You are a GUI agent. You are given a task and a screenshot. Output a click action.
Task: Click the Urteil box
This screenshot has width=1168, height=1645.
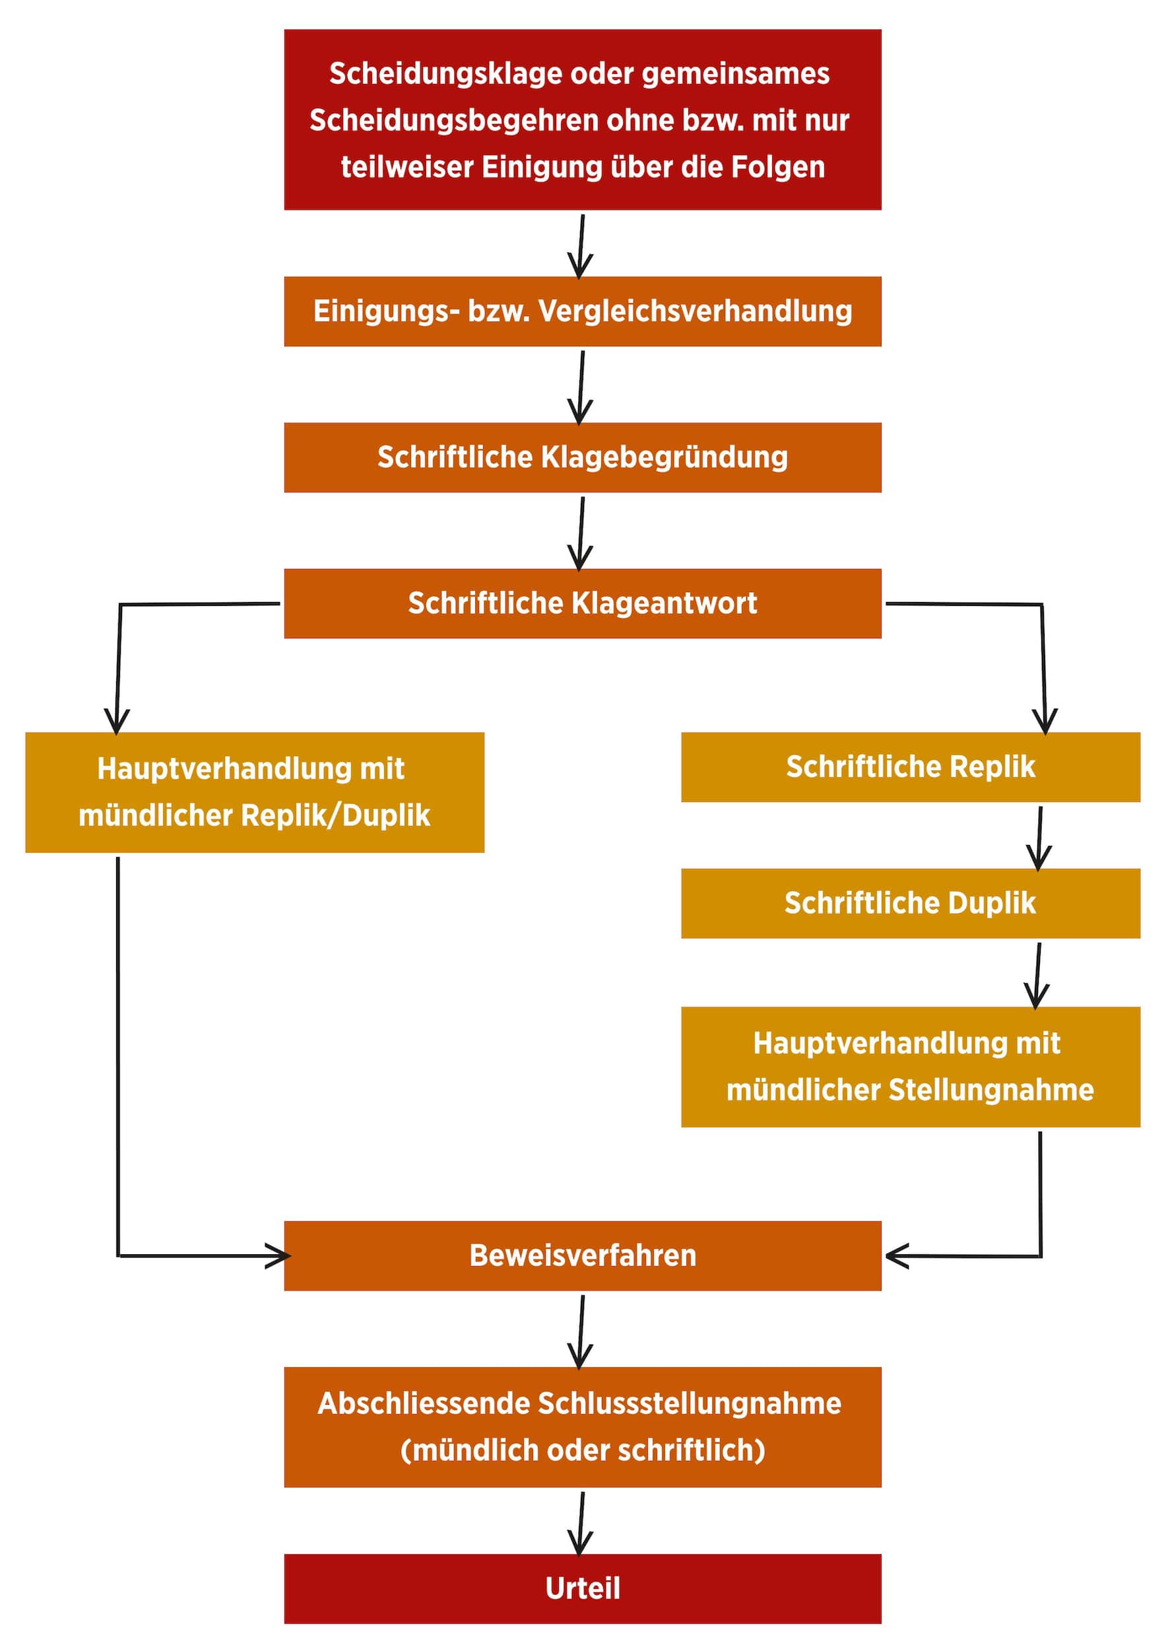click(x=583, y=1588)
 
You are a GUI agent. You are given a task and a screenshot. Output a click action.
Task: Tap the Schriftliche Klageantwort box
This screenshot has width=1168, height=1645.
click(x=583, y=603)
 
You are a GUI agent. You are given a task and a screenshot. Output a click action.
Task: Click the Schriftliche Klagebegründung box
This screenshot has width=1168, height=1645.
click(x=583, y=457)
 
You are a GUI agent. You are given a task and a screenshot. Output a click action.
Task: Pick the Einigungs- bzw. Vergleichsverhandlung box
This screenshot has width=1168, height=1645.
click(x=583, y=312)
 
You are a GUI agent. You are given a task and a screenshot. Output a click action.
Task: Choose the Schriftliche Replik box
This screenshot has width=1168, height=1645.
click(x=911, y=767)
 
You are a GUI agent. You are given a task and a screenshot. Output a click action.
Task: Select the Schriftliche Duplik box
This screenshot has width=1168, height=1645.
click(x=911, y=902)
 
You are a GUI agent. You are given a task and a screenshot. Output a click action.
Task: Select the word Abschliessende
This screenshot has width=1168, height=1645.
click(x=424, y=1403)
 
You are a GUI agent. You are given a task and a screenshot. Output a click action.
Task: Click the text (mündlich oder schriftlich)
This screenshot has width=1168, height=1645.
click(x=583, y=1450)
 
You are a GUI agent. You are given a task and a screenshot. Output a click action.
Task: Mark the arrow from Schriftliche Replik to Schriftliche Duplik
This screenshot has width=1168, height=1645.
click(x=1039, y=838)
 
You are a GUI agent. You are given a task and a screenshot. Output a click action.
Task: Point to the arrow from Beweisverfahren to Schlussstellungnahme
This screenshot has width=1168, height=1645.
click(x=581, y=1331)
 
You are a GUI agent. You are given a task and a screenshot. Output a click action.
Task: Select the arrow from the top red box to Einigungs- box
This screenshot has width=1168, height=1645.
click(x=581, y=246)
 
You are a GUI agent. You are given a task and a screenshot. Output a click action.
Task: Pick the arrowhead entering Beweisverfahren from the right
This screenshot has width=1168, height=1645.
click(x=895, y=1256)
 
